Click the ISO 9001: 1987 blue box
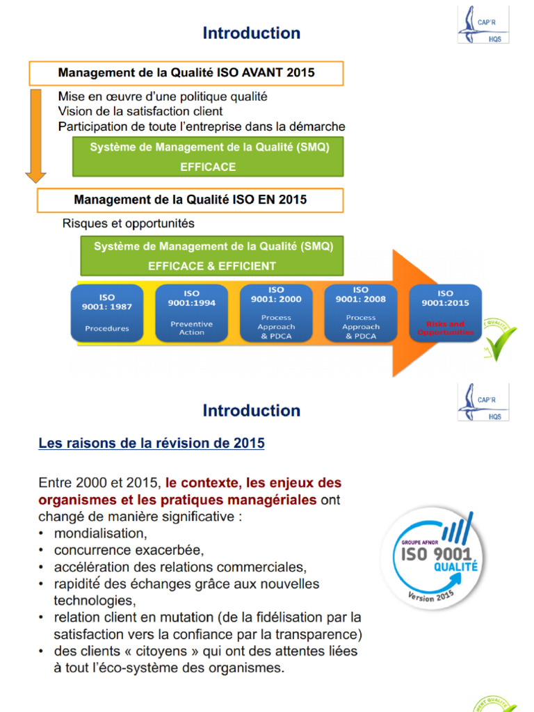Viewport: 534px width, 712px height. tap(106, 312)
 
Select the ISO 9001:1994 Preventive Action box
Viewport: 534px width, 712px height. tap(191, 313)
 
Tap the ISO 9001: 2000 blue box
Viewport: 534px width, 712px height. tap(276, 312)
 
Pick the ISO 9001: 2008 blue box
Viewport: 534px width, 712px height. tap(361, 312)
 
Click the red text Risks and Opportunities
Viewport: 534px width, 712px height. tap(446, 328)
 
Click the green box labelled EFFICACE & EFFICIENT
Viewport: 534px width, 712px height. tap(212, 256)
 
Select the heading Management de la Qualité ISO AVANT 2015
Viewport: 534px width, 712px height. tap(186, 73)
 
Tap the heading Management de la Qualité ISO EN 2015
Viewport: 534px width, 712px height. tap(190, 200)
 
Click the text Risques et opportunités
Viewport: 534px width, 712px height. tap(129, 223)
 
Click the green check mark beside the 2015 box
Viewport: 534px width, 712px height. tap(501, 339)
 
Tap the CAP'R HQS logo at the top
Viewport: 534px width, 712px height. tap(483, 24)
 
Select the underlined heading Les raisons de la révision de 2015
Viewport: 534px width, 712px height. tap(152, 443)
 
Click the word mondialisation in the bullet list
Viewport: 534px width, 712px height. tap(100, 533)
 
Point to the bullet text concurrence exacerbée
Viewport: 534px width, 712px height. tap(129, 550)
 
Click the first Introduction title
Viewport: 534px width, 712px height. tap(252, 33)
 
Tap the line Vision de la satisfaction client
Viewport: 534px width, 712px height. tap(140, 111)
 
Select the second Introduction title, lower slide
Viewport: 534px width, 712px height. tap(252, 410)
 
